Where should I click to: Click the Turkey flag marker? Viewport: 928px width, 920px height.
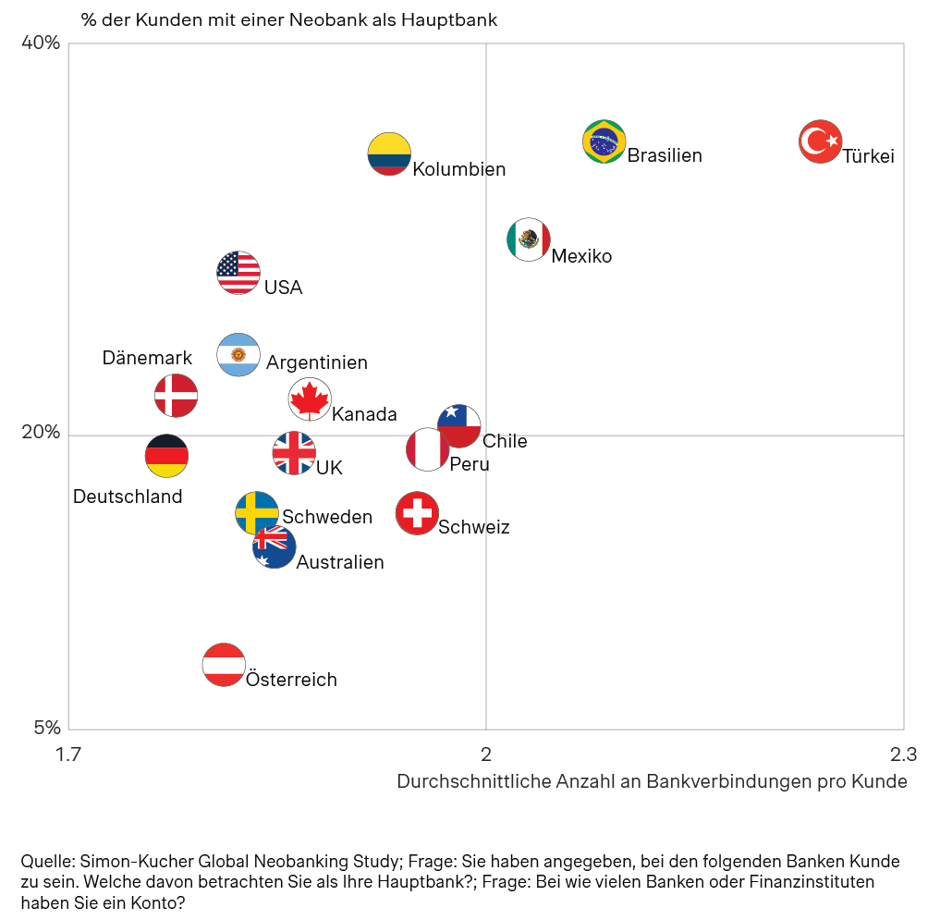[x=820, y=141]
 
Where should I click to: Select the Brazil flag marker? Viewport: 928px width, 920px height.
[x=604, y=141]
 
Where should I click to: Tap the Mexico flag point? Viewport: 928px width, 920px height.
[x=529, y=239]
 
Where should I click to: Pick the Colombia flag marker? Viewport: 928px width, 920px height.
[x=389, y=153]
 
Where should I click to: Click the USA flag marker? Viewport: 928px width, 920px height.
[x=238, y=272]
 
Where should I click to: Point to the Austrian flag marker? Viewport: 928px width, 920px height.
[x=224, y=665]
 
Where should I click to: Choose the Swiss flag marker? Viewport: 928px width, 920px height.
[x=418, y=513]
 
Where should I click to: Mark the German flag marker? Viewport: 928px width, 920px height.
[x=167, y=455]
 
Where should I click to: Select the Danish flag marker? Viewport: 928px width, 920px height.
[x=176, y=396]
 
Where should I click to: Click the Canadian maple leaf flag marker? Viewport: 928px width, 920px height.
[x=310, y=399]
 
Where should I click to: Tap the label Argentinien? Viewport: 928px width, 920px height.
[x=317, y=362]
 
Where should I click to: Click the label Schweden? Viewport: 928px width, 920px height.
[x=327, y=517]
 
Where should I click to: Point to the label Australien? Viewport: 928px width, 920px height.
[x=340, y=562]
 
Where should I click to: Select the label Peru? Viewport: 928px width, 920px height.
[x=470, y=464]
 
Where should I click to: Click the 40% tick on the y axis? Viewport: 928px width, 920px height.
[x=41, y=43]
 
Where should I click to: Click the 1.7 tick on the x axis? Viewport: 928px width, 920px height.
[x=67, y=754]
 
